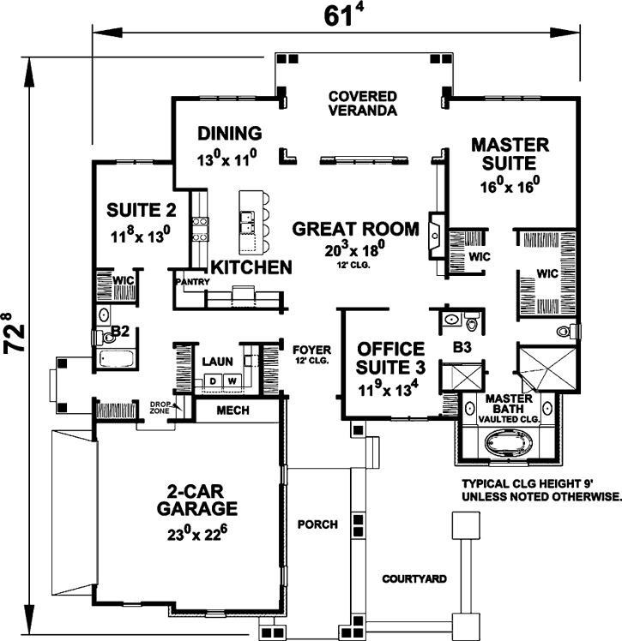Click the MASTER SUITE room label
[510, 153]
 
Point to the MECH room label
[233, 410]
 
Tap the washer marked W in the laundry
[230, 380]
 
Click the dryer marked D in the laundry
[211, 380]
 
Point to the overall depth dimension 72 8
[14, 335]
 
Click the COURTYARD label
[414, 579]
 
